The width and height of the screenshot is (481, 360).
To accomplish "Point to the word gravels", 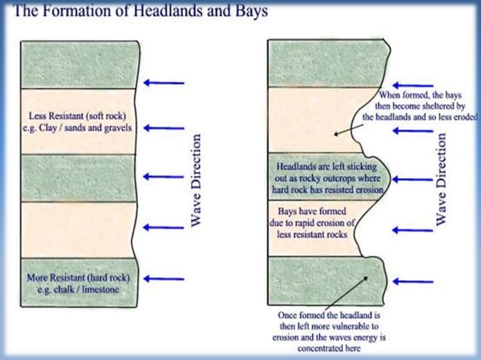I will click(116, 128).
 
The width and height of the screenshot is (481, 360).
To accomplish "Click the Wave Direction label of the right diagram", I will click(442, 180).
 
